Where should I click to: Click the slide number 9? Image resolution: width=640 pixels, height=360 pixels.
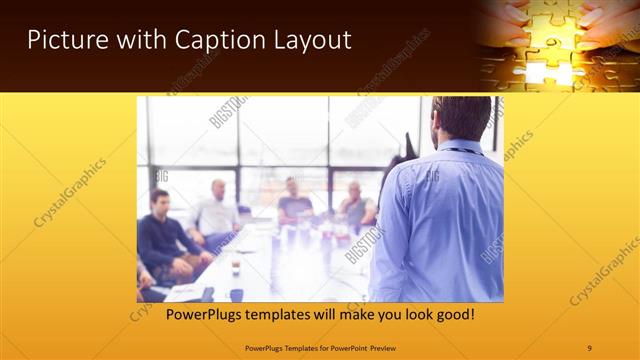[590, 348]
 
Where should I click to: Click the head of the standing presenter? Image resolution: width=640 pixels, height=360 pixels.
[462, 118]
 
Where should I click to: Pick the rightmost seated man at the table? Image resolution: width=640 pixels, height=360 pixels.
[356, 206]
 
